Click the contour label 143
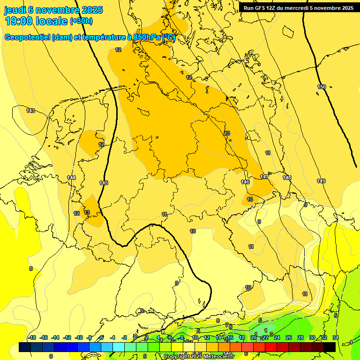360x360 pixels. coord(30,111)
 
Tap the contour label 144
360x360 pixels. coord(71,178)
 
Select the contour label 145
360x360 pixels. coord(104,183)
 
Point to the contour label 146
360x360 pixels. coord(245,182)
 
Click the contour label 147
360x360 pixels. coord(265,177)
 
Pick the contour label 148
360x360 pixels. coord(287,178)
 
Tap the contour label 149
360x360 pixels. coord(321,181)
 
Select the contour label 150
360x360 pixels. coord(322,87)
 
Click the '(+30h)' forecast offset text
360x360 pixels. coord(81,21)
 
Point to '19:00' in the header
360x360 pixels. coord(20,21)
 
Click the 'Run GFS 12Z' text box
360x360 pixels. coord(298,8)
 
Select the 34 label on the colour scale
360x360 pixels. coord(336,337)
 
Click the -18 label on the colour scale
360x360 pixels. coord(32,337)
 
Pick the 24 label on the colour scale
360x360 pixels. coord(277,337)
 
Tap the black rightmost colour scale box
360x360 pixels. coord(330,347)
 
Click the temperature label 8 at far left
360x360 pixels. coord(31,269)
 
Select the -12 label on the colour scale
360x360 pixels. coord(67,337)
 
